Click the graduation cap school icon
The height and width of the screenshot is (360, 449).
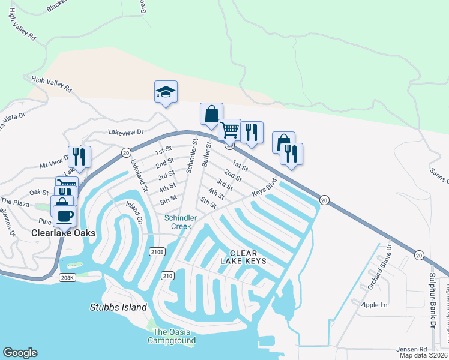166,92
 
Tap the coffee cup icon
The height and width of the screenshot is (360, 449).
65,215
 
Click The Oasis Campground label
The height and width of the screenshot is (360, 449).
174,336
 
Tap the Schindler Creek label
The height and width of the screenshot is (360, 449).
178,222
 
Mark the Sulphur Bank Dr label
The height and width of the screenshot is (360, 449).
431,300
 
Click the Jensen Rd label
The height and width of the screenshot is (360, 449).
411,349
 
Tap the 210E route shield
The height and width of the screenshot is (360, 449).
157,253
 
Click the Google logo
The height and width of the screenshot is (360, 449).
20,353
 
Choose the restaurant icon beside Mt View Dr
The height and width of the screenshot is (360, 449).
79,157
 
